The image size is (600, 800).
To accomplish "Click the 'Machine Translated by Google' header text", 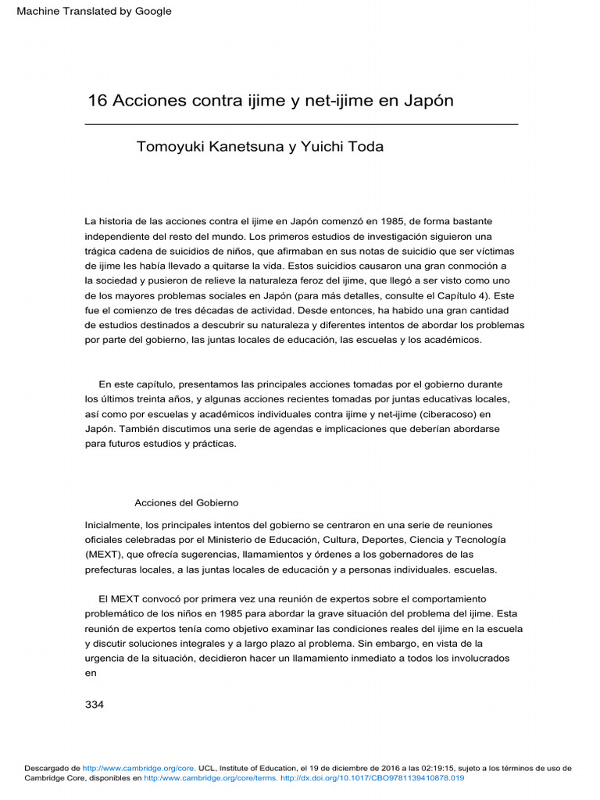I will (88, 11).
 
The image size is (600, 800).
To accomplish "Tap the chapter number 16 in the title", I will (97, 101).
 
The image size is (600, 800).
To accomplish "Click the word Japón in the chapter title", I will (427, 101).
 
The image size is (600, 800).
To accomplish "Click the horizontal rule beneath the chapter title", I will (301, 124).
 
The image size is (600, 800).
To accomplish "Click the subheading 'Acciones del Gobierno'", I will (186, 502).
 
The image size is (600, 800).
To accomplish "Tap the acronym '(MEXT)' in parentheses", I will (103, 555).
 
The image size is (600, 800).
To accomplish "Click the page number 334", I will (94, 704).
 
